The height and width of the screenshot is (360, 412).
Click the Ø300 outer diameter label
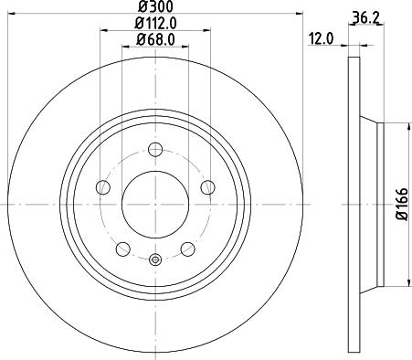pyautogui.click(x=153, y=8)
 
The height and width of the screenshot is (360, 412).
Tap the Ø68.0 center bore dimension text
pyautogui.click(x=154, y=39)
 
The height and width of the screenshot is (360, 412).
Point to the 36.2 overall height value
pyautogui.click(x=365, y=16)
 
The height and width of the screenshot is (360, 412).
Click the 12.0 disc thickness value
pyautogui.click(x=321, y=38)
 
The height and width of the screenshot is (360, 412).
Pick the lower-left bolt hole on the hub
pyautogui.click(x=122, y=248)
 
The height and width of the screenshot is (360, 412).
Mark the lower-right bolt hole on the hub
pyautogui.click(x=187, y=248)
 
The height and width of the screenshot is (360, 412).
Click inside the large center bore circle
pyautogui.click(x=154, y=203)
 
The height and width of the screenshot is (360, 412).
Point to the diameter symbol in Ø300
pyautogui.click(x=137, y=8)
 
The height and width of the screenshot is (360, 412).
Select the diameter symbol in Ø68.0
pyautogui.click(x=137, y=39)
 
